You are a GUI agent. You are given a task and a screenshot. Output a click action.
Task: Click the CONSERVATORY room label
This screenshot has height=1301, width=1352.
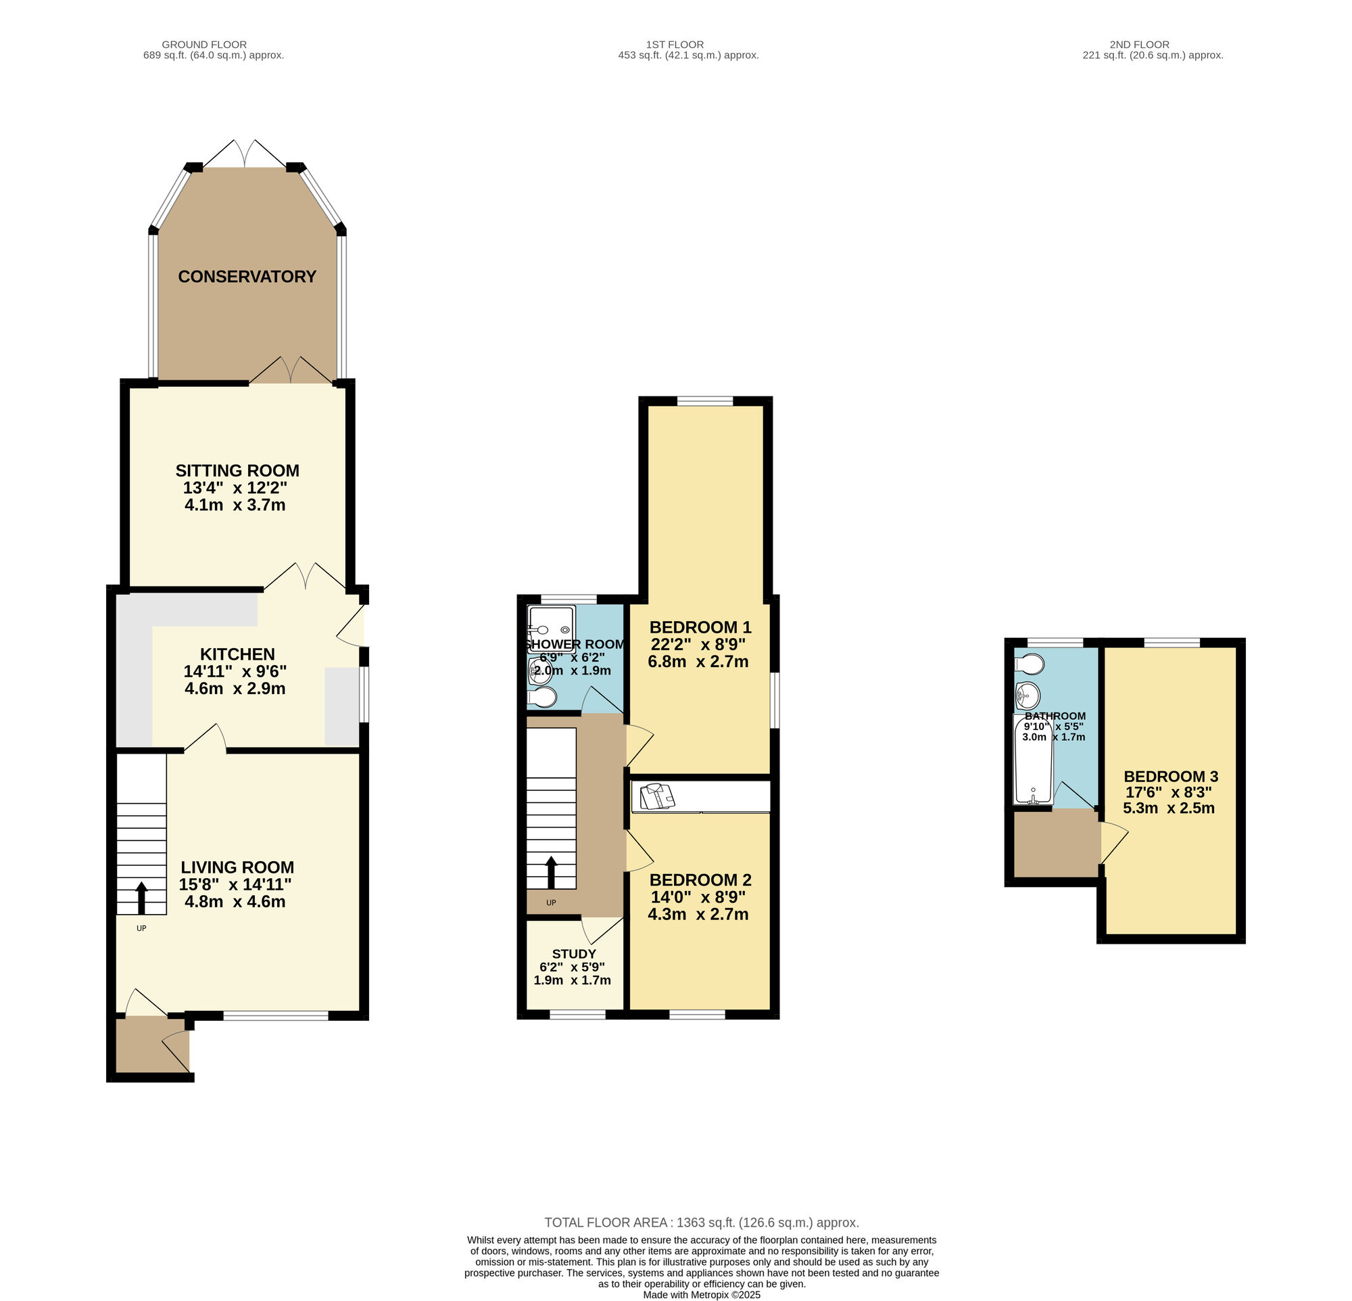247,277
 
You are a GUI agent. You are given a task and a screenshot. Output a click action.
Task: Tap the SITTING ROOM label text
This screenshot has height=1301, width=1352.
237,471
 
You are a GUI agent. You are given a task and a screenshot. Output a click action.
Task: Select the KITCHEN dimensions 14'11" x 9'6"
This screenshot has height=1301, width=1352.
235,672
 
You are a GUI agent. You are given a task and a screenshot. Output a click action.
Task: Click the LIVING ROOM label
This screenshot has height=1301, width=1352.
237,867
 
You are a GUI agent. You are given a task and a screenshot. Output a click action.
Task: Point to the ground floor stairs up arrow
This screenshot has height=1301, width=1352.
141,898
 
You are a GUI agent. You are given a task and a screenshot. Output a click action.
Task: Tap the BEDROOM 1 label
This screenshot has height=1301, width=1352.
700,627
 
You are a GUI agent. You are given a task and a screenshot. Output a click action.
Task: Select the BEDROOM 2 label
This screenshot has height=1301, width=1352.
700,880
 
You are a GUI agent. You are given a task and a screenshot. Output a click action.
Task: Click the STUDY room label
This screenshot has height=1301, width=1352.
574,954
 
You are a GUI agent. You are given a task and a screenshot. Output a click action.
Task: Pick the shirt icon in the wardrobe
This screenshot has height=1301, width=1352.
656,796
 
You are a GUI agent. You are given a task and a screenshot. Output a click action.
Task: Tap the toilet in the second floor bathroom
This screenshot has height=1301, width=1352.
1030,664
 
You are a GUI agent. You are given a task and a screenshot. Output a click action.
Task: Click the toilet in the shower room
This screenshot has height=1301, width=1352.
542,698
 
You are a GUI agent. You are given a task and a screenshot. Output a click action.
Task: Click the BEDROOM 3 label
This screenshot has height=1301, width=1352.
1171,777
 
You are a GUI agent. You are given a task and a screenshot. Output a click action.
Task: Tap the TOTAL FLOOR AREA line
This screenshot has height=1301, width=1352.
702,1223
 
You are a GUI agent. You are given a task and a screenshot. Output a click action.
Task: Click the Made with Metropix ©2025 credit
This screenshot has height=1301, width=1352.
702,1295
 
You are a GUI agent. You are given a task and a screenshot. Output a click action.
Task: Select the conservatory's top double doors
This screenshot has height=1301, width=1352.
245,153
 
